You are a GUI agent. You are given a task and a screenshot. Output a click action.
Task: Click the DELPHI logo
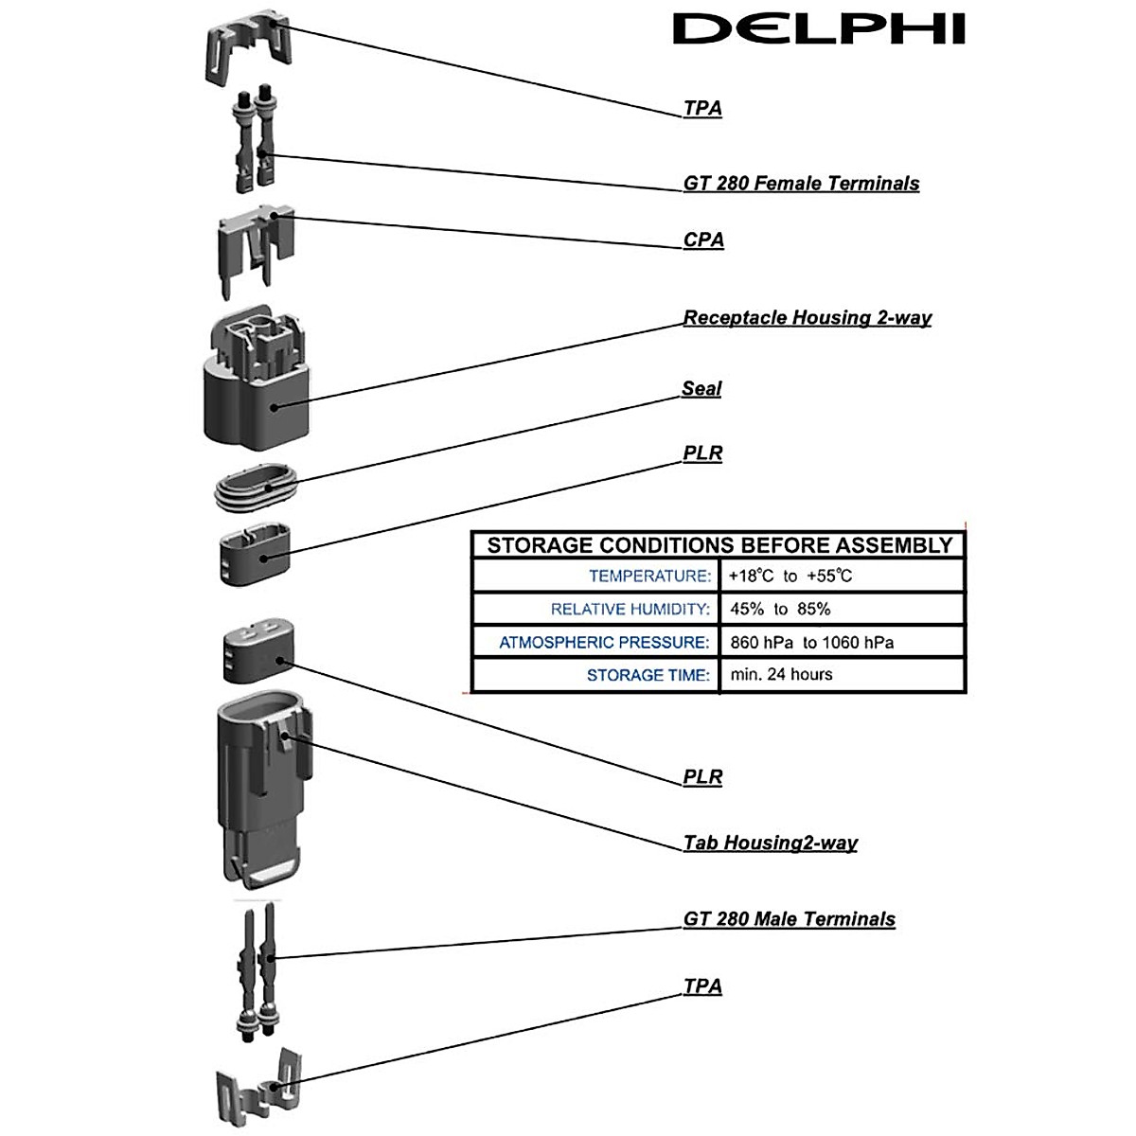click(x=818, y=29)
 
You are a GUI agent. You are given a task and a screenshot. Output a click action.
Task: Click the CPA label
click(x=703, y=240)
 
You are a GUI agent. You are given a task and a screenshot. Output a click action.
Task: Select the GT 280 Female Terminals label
click(x=801, y=183)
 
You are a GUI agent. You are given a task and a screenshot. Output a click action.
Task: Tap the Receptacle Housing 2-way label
click(x=808, y=317)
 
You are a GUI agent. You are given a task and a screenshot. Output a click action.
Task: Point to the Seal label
click(x=701, y=388)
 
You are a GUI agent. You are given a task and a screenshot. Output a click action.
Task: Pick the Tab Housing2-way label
click(x=770, y=843)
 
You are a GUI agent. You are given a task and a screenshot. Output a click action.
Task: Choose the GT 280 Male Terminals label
click(x=789, y=918)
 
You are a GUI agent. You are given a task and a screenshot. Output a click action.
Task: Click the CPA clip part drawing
click(x=256, y=252)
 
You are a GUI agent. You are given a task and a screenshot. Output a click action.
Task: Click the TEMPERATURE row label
click(x=649, y=576)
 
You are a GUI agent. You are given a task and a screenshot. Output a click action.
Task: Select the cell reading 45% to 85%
click(x=780, y=609)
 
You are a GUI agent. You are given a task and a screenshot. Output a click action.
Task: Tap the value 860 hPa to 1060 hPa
click(x=811, y=642)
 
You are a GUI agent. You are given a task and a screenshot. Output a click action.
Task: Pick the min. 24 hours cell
click(x=781, y=674)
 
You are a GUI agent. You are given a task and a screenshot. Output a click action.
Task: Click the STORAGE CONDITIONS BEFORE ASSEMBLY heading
click(x=719, y=545)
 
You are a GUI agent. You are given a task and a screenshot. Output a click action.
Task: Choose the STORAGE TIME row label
click(x=648, y=675)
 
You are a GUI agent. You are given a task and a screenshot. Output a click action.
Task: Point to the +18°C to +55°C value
click(x=790, y=576)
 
